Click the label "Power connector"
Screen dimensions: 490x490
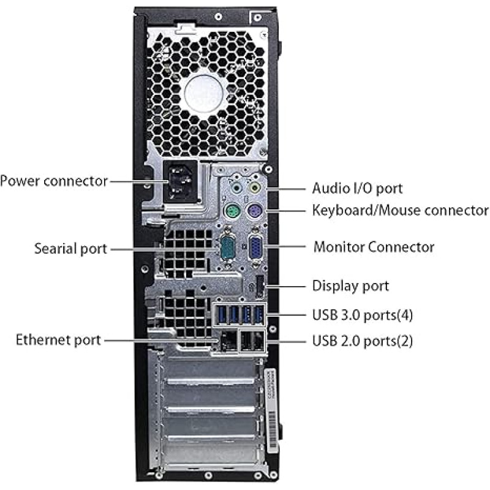54,181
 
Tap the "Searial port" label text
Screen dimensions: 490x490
70,249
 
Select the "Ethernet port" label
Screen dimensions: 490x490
58,340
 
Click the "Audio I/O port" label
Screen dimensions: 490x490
357,189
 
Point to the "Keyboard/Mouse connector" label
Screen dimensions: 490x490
401,210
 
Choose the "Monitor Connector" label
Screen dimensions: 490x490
374,247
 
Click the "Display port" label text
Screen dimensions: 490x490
350,286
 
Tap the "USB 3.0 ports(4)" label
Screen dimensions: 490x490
363,315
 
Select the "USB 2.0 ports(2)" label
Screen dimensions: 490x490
363,341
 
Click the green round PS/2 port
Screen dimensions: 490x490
232,211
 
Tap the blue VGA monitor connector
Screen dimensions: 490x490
255,247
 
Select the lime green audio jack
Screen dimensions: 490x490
255,188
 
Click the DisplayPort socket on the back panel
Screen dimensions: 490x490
260,286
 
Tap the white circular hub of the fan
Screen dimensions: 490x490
205,93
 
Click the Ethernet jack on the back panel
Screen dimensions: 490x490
228,341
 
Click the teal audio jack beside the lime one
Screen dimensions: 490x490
237,189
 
